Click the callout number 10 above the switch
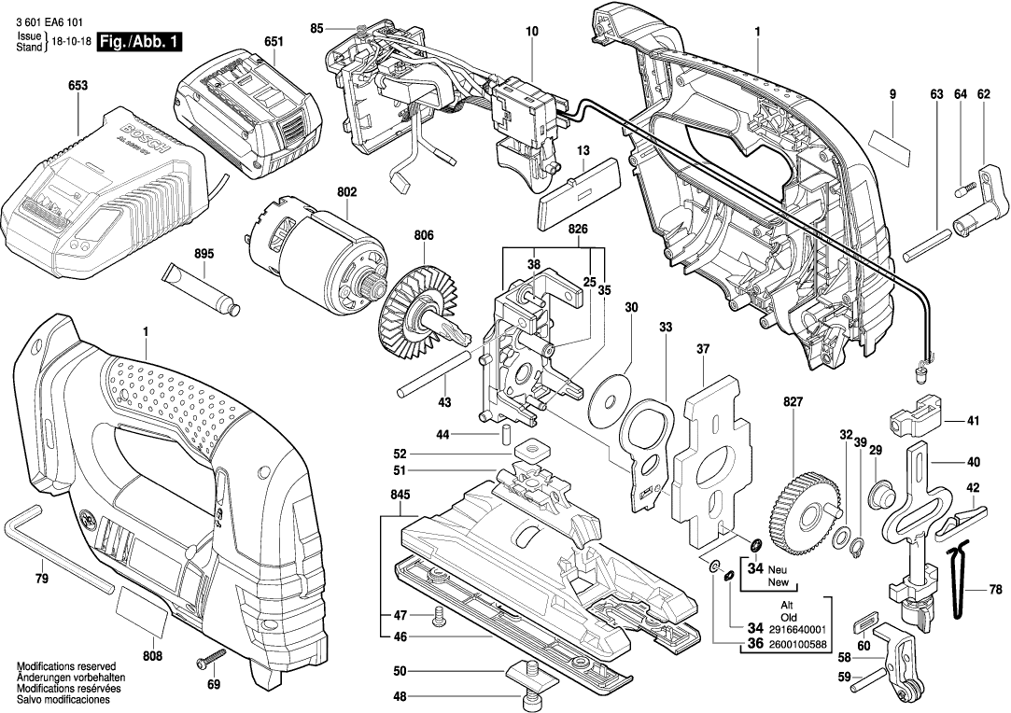(x=532, y=32)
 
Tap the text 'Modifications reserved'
(x=65, y=666)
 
